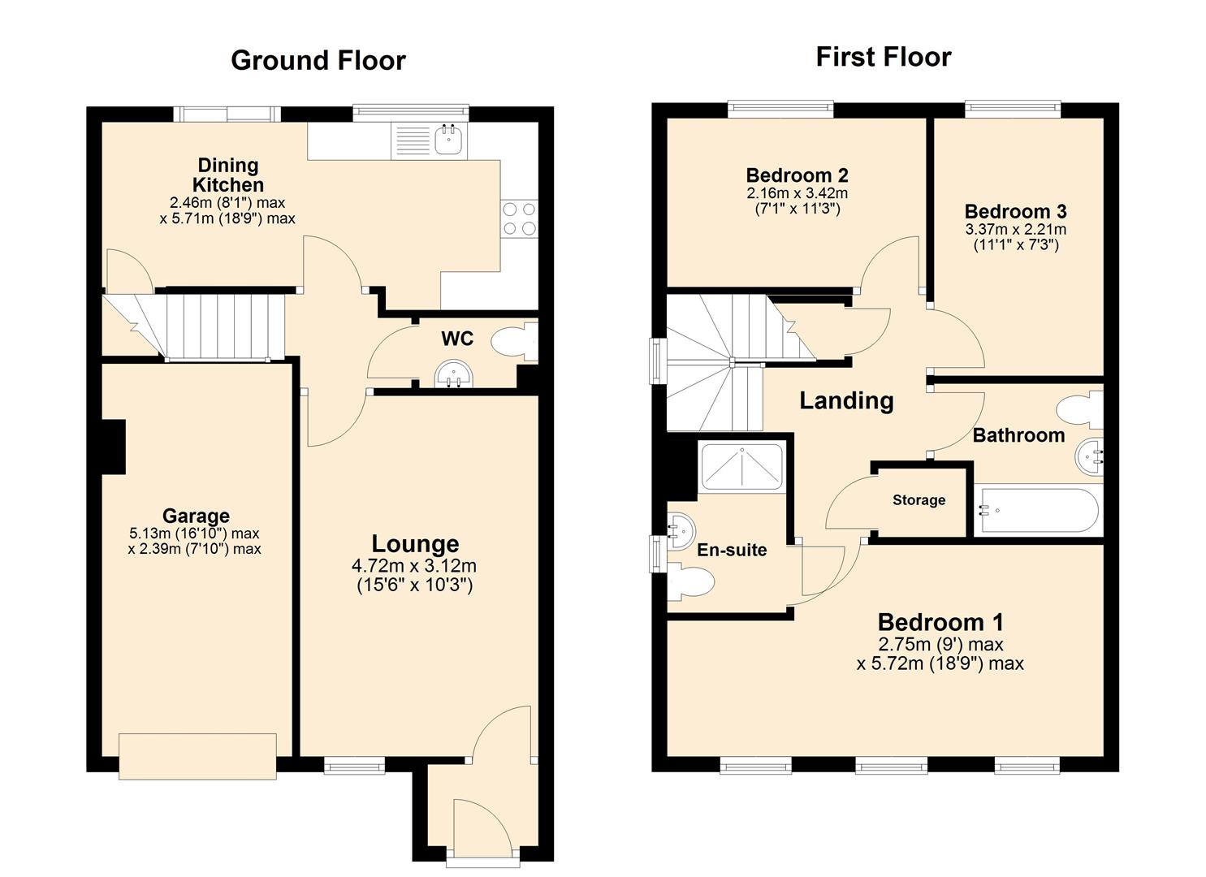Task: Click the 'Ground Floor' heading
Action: [x=318, y=60]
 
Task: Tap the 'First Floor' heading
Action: [x=883, y=57]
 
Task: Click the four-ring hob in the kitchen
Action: [x=520, y=218]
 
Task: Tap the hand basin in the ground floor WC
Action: [x=453, y=374]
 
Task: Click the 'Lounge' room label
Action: [x=415, y=544]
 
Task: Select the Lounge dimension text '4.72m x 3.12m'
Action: [x=414, y=566]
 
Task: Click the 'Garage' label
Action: [x=196, y=516]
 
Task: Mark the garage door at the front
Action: [x=197, y=756]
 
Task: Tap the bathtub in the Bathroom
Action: [x=1038, y=511]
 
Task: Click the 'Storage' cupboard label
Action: [x=919, y=500]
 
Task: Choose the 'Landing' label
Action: [x=846, y=400]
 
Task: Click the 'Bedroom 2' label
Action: [x=797, y=175]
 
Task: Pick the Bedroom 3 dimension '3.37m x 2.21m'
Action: [x=1015, y=229]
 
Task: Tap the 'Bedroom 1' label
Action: [x=940, y=622]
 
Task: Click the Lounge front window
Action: [x=353, y=765]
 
